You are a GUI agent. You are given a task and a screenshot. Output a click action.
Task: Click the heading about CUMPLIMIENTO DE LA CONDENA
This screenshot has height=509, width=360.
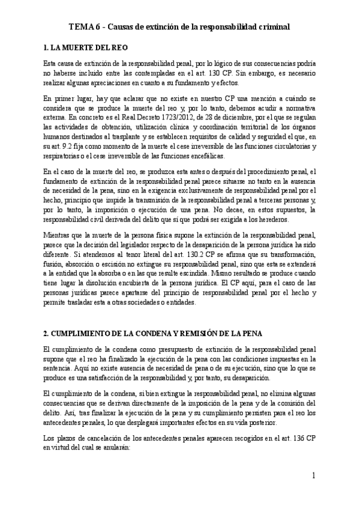click(x=158, y=333)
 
